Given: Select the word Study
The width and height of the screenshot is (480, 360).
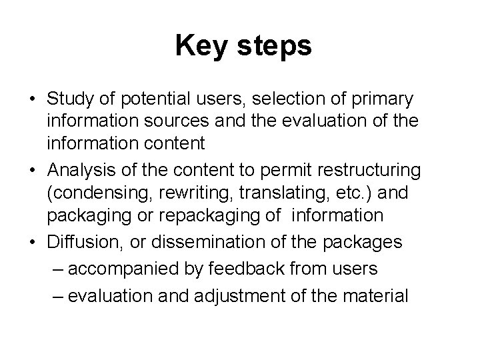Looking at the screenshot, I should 71,99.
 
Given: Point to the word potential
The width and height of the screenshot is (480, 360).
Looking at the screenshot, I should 147,99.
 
